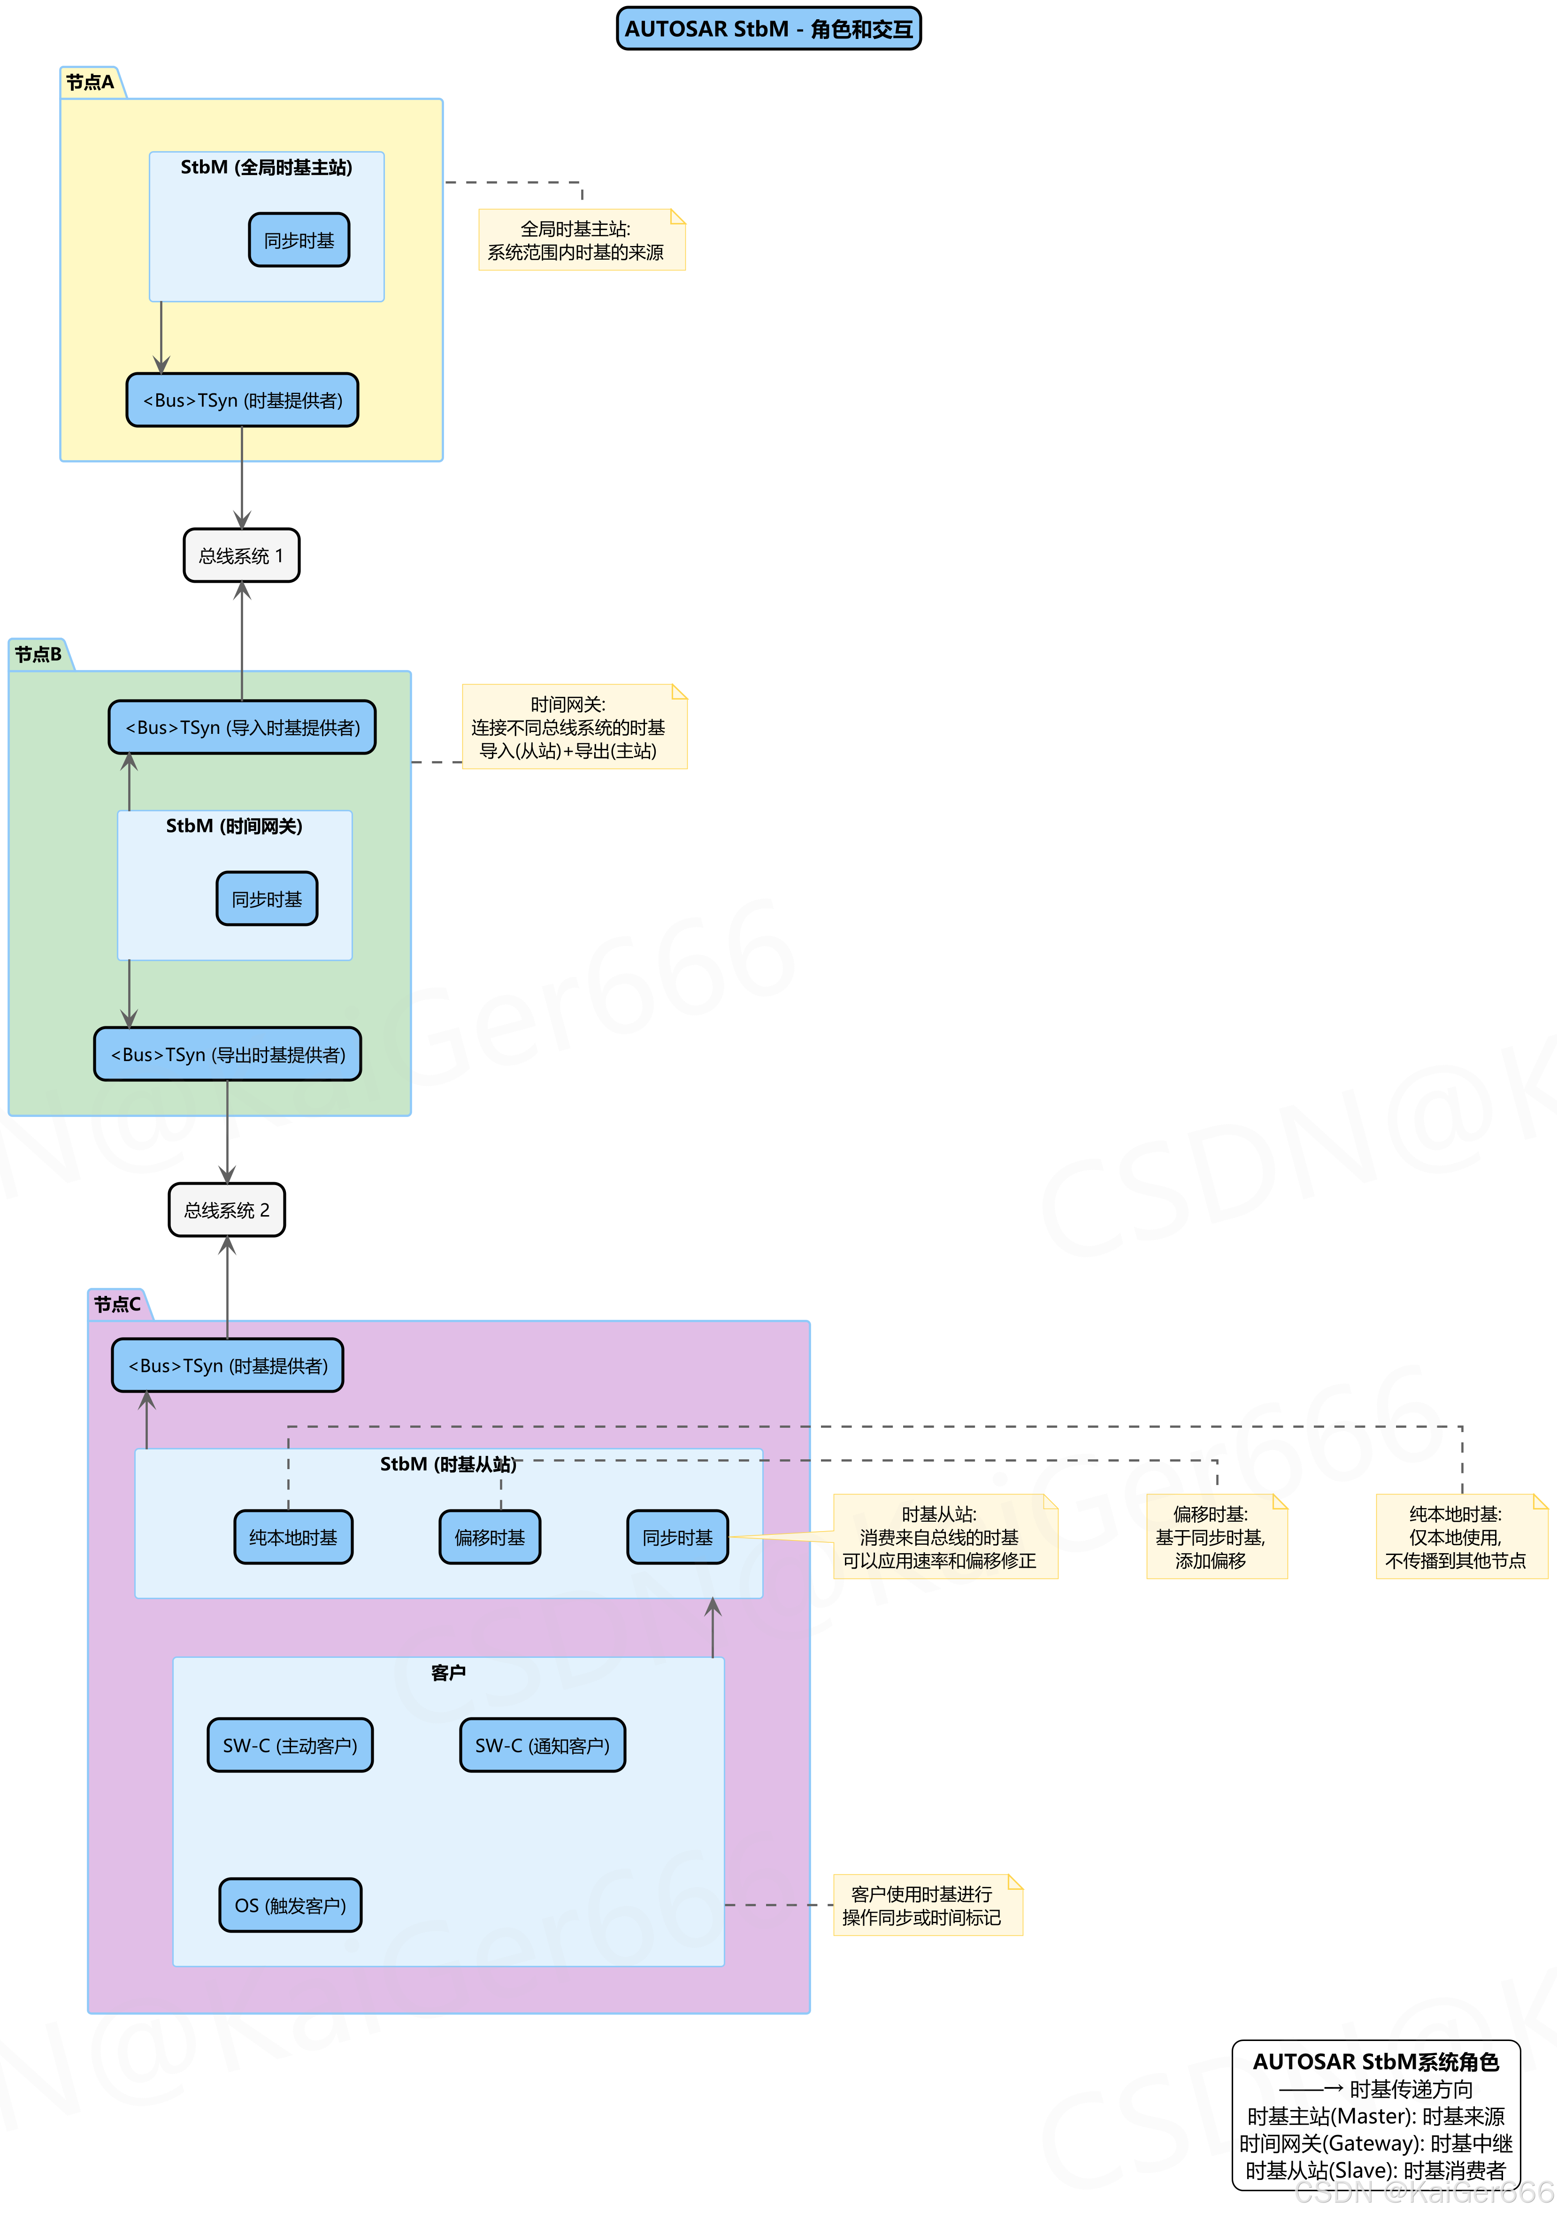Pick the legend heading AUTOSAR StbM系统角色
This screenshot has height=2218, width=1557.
pos(1375,2062)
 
